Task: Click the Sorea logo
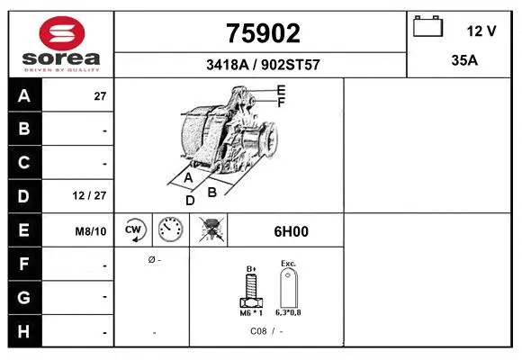point(61,43)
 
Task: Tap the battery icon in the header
point(427,27)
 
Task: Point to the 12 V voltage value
point(481,31)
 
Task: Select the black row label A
point(24,96)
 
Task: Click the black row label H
point(24,330)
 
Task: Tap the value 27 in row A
point(100,96)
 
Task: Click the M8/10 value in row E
point(91,231)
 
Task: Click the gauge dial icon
point(170,231)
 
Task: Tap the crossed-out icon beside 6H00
point(212,231)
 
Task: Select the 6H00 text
point(291,231)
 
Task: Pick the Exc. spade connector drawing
point(288,288)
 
